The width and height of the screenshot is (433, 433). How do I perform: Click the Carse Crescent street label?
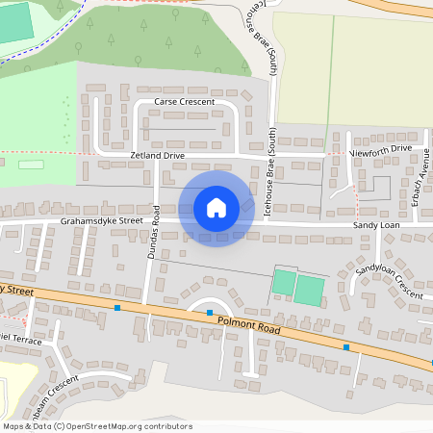click(x=184, y=101)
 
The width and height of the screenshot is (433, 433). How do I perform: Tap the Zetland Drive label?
click(x=157, y=155)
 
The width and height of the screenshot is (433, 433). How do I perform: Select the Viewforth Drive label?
click(x=381, y=149)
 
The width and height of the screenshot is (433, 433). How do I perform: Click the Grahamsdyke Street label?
click(x=101, y=220)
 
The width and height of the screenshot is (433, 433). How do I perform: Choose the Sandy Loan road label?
click(x=374, y=224)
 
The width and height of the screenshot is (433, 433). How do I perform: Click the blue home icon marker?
click(x=216, y=208)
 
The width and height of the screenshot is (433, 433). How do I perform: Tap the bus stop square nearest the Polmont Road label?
click(x=210, y=313)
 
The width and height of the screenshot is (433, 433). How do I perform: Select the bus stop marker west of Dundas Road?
click(x=117, y=308)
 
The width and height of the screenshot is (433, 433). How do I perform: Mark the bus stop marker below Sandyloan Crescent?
click(x=345, y=345)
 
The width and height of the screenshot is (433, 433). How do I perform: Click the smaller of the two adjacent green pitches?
click(x=283, y=283)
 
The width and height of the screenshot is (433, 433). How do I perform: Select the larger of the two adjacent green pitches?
click(x=309, y=290)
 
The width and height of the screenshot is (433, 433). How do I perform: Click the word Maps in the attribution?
click(x=14, y=426)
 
